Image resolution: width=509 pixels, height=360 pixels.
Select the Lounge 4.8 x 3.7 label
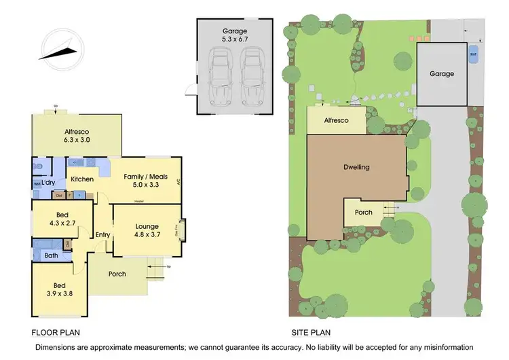147,231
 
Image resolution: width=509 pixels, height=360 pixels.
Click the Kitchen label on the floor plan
82,179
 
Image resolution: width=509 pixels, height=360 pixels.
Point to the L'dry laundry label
48,183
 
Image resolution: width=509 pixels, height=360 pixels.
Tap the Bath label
51,256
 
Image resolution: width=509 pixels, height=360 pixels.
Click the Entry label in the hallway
102,235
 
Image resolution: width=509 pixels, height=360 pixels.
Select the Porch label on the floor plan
117,274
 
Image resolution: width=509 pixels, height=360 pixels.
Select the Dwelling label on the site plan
356,167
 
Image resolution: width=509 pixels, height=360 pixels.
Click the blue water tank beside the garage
473,52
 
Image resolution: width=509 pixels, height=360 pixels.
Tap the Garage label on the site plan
441,73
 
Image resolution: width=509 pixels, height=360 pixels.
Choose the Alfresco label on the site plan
335,120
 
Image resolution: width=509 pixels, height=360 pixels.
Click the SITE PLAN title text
311,333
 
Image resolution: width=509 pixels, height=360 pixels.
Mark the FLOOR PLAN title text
56,333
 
